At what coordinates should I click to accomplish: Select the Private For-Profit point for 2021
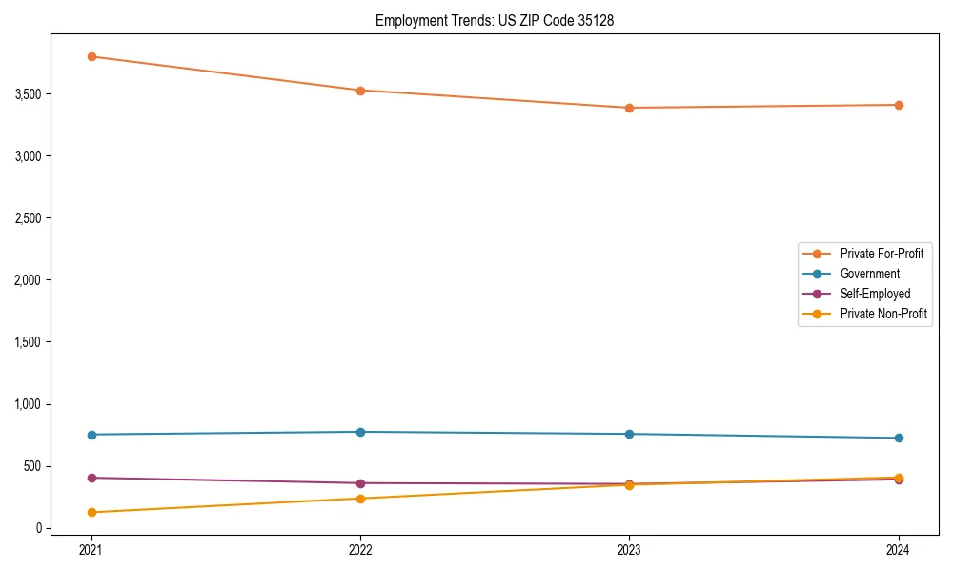[x=91, y=56]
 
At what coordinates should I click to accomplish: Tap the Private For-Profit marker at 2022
[x=360, y=91]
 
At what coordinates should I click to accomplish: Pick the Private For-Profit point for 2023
[x=629, y=108]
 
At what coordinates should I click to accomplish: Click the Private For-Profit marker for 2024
[x=898, y=105]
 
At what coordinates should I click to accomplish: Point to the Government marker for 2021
[x=91, y=435]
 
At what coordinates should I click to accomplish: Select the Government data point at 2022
[x=360, y=432]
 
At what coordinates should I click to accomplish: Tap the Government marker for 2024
[x=898, y=438]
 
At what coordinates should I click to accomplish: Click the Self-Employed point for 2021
[x=91, y=478]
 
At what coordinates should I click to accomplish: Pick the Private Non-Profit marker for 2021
[x=91, y=512]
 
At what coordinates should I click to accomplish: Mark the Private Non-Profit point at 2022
[x=360, y=499]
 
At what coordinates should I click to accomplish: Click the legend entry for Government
[x=869, y=274]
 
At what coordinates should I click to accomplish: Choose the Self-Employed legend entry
[x=875, y=294]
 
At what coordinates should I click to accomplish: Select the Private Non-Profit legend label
[x=883, y=314]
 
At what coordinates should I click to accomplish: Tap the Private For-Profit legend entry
[x=882, y=254]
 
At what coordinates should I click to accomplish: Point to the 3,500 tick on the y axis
[x=28, y=94]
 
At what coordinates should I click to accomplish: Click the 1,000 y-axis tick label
[x=28, y=404]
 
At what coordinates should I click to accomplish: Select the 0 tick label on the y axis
[x=39, y=528]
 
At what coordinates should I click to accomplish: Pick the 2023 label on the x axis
[x=629, y=550]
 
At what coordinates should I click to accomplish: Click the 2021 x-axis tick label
[x=91, y=550]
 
